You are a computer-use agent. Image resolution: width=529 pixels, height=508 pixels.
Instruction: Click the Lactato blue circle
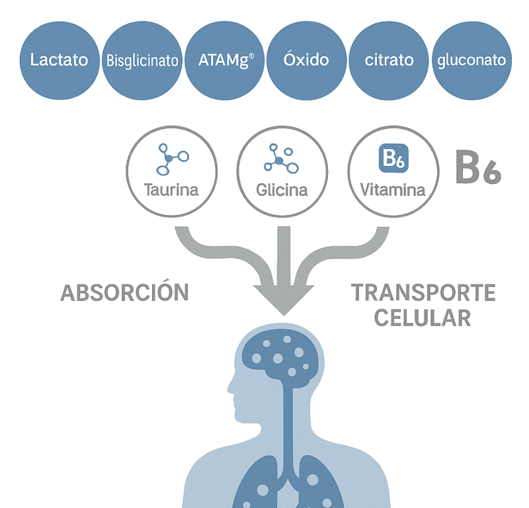click(60, 60)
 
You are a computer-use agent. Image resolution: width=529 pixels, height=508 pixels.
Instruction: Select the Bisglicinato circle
click(142, 60)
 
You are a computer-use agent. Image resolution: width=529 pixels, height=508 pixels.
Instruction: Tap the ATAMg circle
click(225, 60)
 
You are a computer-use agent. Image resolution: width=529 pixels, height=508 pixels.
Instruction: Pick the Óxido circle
click(306, 60)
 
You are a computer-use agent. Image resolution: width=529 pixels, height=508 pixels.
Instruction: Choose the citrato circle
click(389, 60)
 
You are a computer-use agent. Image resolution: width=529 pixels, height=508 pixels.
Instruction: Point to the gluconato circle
click(471, 60)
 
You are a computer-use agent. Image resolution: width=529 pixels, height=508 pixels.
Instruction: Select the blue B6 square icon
click(393, 158)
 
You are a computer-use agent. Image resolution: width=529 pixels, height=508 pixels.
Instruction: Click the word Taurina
click(171, 190)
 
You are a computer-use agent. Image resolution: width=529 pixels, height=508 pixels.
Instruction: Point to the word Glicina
click(282, 190)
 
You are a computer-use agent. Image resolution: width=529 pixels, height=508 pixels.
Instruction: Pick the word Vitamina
click(393, 190)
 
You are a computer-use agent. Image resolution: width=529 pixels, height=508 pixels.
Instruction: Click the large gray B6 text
click(478, 167)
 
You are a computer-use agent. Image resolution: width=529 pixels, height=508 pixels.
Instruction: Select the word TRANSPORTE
click(423, 292)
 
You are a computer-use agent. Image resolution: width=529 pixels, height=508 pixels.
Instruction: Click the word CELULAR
click(423, 318)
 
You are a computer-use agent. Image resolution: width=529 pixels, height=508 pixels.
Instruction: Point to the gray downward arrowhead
click(284, 300)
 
